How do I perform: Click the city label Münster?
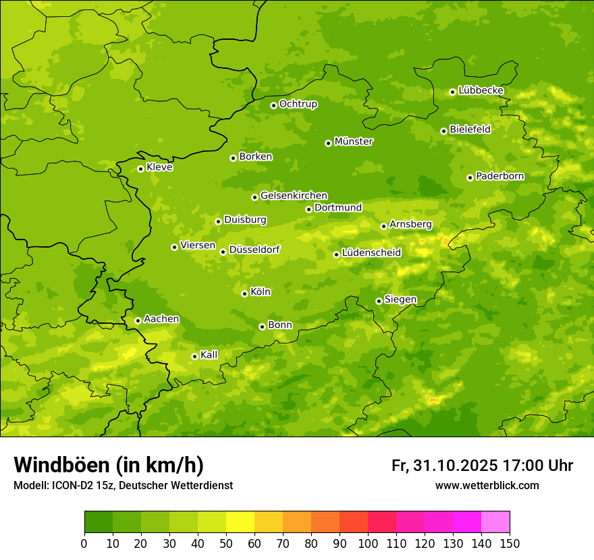pyautogui.click(x=354, y=142)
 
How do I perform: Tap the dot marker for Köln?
pyautogui.click(x=244, y=293)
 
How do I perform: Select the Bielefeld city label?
pyautogui.click(x=470, y=130)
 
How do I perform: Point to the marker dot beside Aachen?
pyautogui.click(x=138, y=320)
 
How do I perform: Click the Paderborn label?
pyautogui.click(x=500, y=176)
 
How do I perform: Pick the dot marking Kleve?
pyautogui.click(x=140, y=169)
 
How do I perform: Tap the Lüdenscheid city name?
pyautogui.click(x=371, y=253)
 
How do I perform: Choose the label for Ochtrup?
pyautogui.click(x=298, y=104)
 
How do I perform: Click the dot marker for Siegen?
pyautogui.click(x=379, y=301)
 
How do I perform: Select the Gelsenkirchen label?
pyautogui.click(x=294, y=196)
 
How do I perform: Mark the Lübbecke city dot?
pyautogui.click(x=452, y=92)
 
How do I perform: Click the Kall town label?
pyautogui.click(x=209, y=355)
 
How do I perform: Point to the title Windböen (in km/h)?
pyautogui.click(x=109, y=465)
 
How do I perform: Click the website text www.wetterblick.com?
pyautogui.click(x=487, y=485)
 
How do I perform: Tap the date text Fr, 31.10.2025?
pyautogui.click(x=445, y=466)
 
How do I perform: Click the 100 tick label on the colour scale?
pyautogui.click(x=368, y=543)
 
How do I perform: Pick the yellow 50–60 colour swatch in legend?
pyautogui.click(x=240, y=522)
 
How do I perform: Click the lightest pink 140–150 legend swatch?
pyautogui.click(x=495, y=522)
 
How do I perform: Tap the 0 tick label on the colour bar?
pyautogui.click(x=84, y=543)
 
